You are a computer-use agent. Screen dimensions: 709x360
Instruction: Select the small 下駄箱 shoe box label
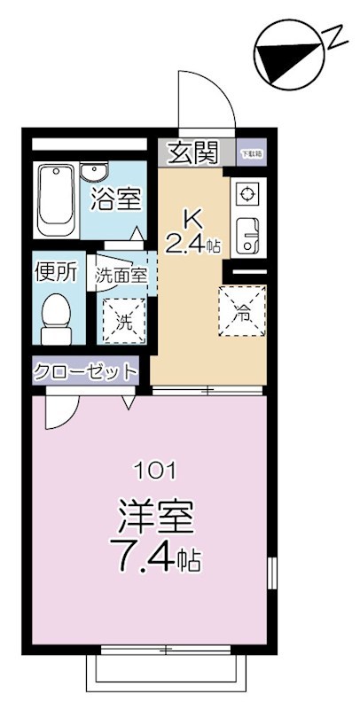(x=252, y=152)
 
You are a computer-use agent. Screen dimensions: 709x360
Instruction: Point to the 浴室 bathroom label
(x=116, y=200)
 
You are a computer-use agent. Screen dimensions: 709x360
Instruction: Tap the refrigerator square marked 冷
(x=242, y=311)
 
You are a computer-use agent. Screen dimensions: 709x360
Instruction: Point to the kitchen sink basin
(x=246, y=232)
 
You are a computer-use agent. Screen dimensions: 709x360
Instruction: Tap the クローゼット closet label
(x=86, y=370)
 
